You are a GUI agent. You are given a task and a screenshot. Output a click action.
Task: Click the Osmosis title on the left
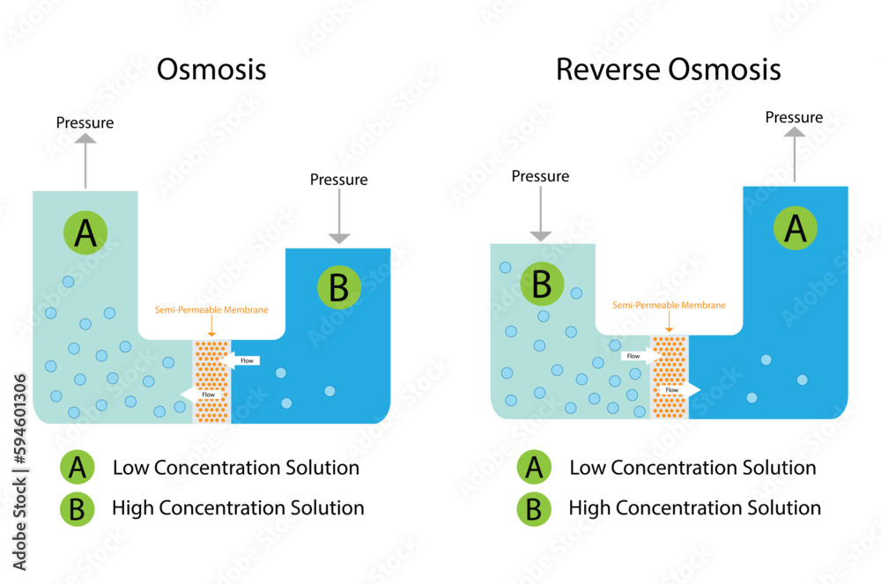click(x=211, y=70)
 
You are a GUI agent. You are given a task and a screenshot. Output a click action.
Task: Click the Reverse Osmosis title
click(x=668, y=70)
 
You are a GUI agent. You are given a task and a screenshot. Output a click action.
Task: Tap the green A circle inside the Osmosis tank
click(x=85, y=233)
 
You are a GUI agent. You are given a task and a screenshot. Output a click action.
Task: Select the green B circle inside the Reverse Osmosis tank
click(x=543, y=284)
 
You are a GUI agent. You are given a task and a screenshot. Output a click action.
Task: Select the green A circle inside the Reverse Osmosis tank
click(x=796, y=229)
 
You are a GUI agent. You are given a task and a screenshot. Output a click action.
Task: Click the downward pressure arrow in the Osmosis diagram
click(x=339, y=217)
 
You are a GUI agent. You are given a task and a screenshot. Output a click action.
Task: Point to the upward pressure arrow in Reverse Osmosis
click(x=795, y=154)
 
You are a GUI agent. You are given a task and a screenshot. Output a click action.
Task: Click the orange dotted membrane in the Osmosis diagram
click(x=211, y=381)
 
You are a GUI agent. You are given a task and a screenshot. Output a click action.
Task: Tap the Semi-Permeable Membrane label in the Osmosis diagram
click(x=211, y=310)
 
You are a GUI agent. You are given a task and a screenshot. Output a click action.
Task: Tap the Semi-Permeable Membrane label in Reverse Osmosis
click(x=670, y=305)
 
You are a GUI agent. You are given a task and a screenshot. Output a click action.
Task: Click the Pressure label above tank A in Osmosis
click(x=85, y=122)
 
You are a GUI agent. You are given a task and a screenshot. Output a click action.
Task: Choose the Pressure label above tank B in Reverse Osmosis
click(x=540, y=176)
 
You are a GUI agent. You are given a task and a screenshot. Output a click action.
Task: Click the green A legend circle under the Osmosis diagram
click(x=78, y=468)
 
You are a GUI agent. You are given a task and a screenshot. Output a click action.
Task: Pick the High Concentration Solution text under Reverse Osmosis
click(x=694, y=508)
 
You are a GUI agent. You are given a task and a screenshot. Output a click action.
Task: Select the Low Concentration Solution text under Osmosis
click(x=236, y=468)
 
